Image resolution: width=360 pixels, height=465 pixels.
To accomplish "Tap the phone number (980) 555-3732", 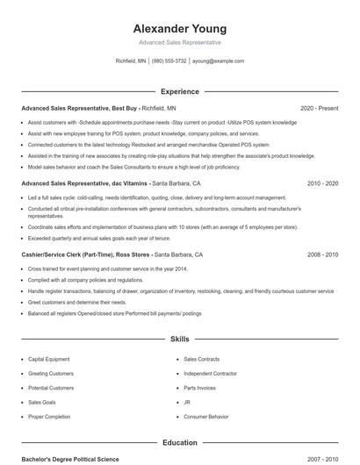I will click(x=169, y=61).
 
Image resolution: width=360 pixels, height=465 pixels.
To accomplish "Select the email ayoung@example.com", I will click(x=218, y=61).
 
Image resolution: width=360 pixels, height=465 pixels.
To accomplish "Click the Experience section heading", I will click(x=179, y=91).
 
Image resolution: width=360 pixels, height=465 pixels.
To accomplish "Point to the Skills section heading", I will click(x=179, y=338).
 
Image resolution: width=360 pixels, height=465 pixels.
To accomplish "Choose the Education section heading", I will click(x=179, y=443).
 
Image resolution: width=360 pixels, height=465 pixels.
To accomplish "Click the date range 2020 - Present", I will click(x=319, y=108).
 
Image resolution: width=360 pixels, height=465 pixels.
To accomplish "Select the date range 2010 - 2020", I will click(x=322, y=183).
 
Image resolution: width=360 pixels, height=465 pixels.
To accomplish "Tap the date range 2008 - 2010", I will click(x=322, y=254).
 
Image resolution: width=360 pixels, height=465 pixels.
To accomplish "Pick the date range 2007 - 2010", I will click(x=322, y=459).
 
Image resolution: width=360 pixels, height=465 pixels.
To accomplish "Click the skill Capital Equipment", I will click(x=50, y=360).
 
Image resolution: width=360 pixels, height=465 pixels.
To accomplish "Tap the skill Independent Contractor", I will click(x=211, y=374).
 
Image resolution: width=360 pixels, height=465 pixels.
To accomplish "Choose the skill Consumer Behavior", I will click(x=207, y=416).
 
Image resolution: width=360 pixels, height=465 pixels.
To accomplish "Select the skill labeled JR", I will click(x=187, y=402).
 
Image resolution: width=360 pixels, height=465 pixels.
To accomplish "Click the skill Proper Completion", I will click(x=49, y=416).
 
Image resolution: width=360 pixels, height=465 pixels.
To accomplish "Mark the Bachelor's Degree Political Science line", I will click(x=69, y=459).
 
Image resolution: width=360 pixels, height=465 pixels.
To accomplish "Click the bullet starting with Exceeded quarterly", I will click(x=97, y=238).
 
